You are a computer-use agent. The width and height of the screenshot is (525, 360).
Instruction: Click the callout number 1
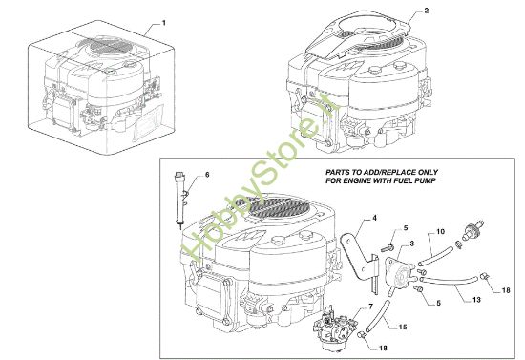click(x=163, y=21)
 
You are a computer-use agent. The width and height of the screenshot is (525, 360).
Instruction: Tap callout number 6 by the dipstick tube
click(x=206, y=174)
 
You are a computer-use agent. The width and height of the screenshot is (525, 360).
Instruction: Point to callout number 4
click(x=375, y=219)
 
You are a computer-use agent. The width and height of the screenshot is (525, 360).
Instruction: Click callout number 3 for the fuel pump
click(x=411, y=244)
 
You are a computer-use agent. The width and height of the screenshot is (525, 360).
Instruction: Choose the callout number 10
click(x=440, y=230)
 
